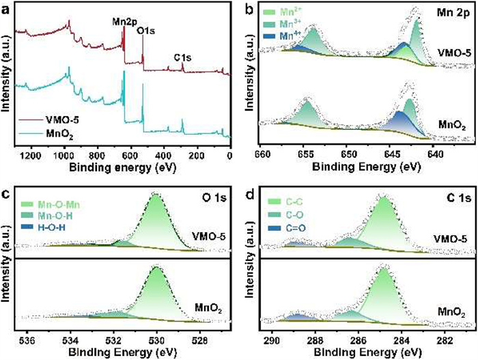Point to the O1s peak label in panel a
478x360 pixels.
148,31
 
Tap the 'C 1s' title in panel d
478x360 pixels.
456,199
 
